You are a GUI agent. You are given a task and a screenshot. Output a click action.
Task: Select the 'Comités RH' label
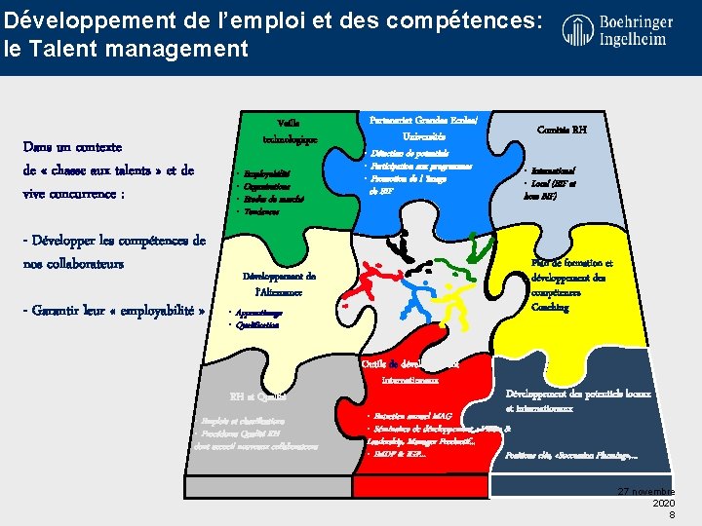click(x=563, y=128)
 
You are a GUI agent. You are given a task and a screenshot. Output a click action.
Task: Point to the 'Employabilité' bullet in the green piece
click(x=267, y=173)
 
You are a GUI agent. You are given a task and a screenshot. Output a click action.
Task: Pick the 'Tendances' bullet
click(x=262, y=211)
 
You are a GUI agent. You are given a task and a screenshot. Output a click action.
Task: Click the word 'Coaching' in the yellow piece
click(x=550, y=308)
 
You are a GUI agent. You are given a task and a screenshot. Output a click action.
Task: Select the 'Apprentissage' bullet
click(x=257, y=313)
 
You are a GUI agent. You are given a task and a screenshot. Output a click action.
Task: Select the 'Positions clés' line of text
click(x=572, y=454)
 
